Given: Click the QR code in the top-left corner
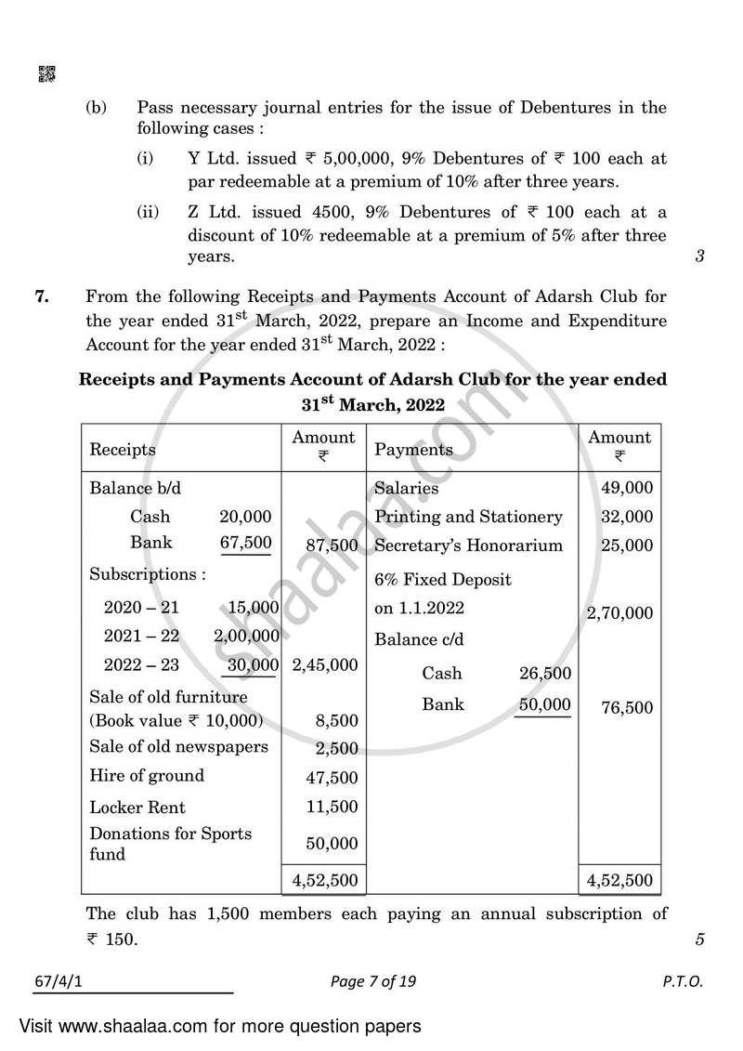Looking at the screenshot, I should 46,74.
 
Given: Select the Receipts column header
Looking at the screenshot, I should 123,450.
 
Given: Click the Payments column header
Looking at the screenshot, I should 413,450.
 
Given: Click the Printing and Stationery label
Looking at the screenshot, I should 468,517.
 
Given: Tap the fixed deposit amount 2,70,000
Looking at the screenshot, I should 619,613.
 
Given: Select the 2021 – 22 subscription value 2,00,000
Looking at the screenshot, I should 246,637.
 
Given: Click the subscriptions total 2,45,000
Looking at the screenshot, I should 324,665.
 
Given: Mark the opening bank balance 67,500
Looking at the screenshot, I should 245,543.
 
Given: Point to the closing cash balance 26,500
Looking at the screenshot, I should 545,674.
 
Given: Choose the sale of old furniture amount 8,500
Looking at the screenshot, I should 332,721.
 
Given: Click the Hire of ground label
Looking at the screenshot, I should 147,776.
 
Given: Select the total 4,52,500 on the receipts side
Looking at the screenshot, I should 324,879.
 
